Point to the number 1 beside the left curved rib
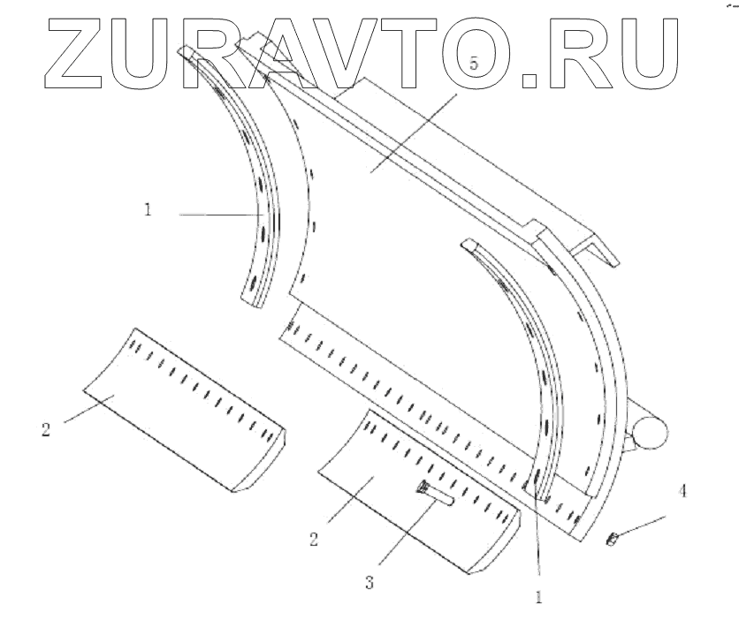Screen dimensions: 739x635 [149, 211]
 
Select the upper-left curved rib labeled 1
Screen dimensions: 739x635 [256, 177]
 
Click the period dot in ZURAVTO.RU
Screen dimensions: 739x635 [529, 82]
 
